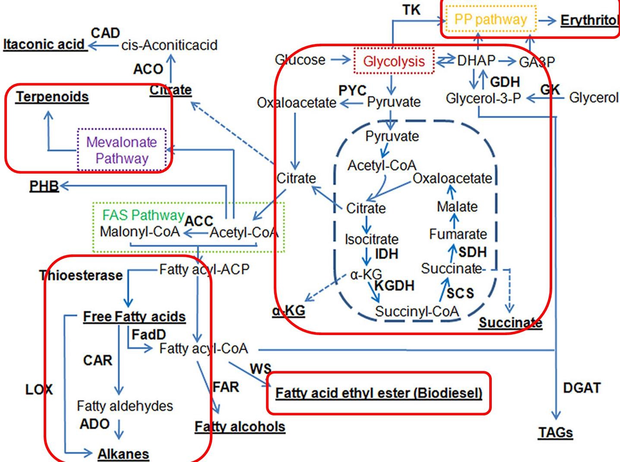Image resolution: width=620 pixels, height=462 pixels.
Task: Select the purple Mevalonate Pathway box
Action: pos(122,150)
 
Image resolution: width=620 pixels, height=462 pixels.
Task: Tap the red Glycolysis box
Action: pos(394,61)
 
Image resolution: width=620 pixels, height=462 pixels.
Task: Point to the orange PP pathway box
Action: pos(490,19)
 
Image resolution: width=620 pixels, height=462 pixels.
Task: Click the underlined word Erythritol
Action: pos(589,20)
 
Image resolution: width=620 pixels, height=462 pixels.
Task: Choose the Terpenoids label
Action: pos(52,97)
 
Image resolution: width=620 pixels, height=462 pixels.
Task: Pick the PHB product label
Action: pos(44,186)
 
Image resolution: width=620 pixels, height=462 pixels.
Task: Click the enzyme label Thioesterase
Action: pos(81,275)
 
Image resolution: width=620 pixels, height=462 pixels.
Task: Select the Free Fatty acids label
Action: pos(134,316)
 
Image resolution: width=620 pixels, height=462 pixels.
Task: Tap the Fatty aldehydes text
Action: pos(125,406)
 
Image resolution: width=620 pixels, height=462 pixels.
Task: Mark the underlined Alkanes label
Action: pos(123,454)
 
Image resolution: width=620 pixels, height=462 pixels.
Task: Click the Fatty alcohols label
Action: pos(240,427)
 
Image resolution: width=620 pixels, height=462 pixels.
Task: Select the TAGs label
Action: pos(555,432)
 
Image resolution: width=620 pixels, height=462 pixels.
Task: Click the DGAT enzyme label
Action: pos(582,388)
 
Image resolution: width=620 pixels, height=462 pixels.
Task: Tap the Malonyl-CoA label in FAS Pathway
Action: pos(140,232)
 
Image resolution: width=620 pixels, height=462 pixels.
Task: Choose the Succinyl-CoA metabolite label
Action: pos(417,311)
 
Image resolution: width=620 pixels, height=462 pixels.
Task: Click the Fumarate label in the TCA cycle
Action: pos(458,234)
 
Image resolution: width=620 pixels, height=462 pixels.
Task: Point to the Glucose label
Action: pos(300,60)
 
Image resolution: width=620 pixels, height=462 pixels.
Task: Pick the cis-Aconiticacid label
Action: pos(169,45)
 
